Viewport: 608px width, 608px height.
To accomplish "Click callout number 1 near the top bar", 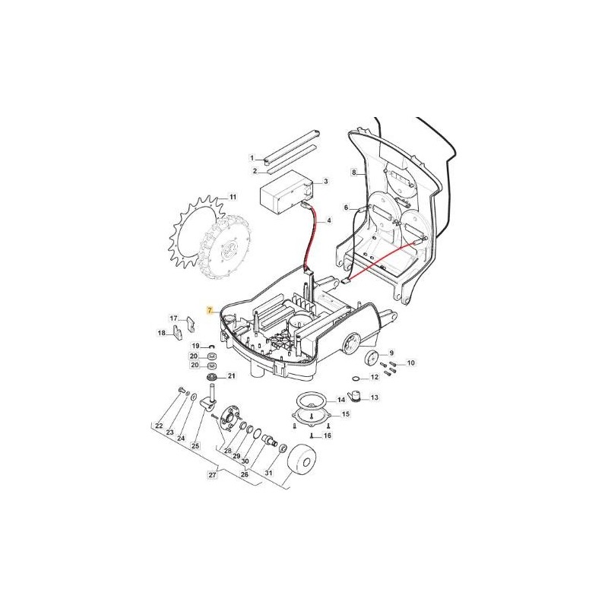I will (252, 157).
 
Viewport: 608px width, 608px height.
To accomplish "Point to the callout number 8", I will (353, 173).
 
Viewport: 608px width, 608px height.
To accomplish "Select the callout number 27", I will (212, 475).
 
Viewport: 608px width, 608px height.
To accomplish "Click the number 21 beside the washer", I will (232, 376).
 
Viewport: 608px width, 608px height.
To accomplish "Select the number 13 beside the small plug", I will (375, 397).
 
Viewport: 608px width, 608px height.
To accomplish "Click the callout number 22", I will (159, 426).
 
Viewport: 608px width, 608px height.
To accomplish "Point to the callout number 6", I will (346, 207).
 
